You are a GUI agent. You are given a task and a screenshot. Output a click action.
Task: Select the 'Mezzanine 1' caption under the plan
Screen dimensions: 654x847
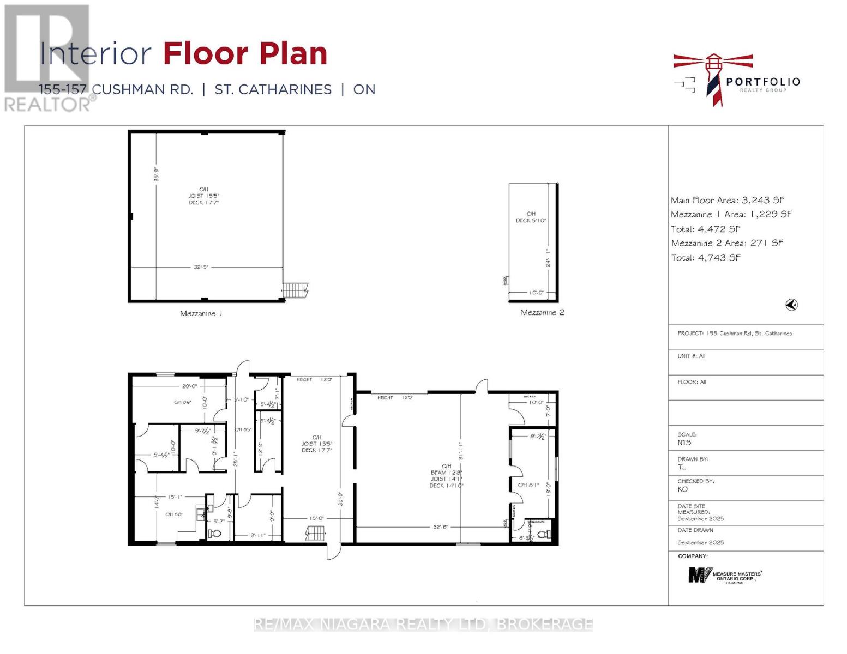pyautogui.click(x=201, y=313)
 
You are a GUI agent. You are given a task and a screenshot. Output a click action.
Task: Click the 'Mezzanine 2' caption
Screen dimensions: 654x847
pyautogui.click(x=542, y=312)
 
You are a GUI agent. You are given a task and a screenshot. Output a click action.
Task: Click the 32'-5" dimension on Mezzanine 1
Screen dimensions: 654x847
pyautogui.click(x=201, y=267)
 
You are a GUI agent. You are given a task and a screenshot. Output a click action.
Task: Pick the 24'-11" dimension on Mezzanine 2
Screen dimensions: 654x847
pyautogui.click(x=548, y=258)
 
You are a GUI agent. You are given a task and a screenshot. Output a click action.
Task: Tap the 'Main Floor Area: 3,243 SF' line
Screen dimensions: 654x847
pyautogui.click(x=728, y=200)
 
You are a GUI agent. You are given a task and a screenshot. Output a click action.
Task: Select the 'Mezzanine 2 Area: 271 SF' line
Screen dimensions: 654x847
pyautogui.click(x=726, y=243)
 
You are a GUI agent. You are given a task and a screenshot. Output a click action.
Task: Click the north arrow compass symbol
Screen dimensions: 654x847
pyautogui.click(x=791, y=305)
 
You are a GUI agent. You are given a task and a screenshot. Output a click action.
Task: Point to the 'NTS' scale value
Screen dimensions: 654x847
pyautogui.click(x=684, y=443)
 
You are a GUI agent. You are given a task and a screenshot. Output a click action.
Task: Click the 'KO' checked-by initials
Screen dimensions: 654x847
pyautogui.click(x=683, y=489)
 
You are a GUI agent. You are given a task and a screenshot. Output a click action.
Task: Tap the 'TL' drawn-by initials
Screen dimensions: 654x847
pyautogui.click(x=682, y=467)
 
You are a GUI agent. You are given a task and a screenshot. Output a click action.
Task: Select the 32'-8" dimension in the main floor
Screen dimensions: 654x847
pyautogui.click(x=441, y=527)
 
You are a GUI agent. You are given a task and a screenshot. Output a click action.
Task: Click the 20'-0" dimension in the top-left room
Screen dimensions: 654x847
pyautogui.click(x=189, y=386)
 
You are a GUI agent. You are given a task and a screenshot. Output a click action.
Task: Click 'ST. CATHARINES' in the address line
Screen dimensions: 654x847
pyautogui.click(x=273, y=89)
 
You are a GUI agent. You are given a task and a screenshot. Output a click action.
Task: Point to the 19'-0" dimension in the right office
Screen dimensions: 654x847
pyautogui.click(x=549, y=488)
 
